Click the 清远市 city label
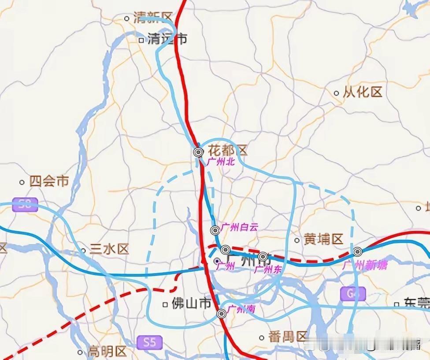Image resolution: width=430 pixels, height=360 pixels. click(x=167, y=39)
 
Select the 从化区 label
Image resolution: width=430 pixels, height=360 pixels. click(x=363, y=92)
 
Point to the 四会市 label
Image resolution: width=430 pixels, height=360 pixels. click(x=49, y=181)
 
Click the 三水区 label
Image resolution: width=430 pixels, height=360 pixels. click(x=109, y=250)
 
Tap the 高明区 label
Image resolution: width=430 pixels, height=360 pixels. click(x=107, y=352)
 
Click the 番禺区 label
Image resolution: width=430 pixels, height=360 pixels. click(x=288, y=337)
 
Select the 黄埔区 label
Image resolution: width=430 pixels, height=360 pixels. click(x=323, y=239)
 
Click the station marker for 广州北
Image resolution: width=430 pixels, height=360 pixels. click(x=198, y=152)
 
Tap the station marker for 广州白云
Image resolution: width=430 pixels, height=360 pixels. click(x=215, y=230)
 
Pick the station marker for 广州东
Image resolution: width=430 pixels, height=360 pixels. click(x=263, y=256)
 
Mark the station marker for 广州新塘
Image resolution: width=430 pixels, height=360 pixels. click(x=357, y=252)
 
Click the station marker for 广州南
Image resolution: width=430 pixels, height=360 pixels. click(x=222, y=313)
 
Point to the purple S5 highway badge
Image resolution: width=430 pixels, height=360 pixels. click(x=149, y=342)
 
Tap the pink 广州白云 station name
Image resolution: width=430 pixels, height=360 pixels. click(x=240, y=228)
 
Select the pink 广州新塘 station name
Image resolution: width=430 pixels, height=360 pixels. click(x=365, y=264)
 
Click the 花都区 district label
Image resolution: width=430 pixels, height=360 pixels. click(x=227, y=151)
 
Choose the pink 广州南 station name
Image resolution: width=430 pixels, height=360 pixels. click(x=241, y=309)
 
